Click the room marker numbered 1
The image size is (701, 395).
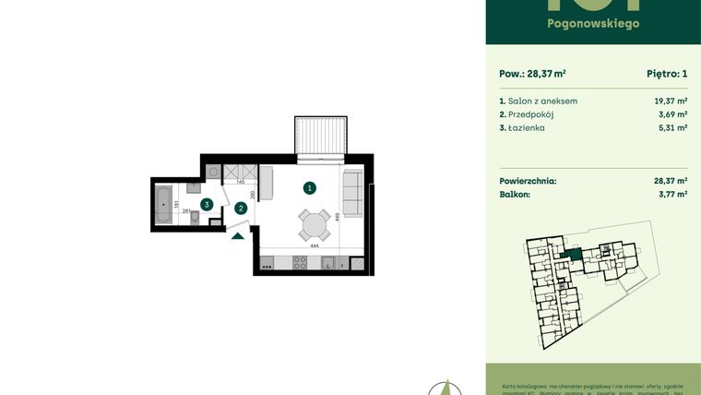pos(310,188)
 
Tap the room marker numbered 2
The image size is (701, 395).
pos(241,209)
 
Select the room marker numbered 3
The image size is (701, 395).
pos(208,204)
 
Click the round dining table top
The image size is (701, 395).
pos(314,224)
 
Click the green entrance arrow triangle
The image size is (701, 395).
pos(237,235)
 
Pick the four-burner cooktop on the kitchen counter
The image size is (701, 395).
pos(300,262)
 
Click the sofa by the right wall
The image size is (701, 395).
pos(352,189)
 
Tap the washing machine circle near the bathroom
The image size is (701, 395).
pos(213,172)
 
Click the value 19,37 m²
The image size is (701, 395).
pos(671,101)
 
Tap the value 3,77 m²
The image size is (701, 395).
pos(671,195)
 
